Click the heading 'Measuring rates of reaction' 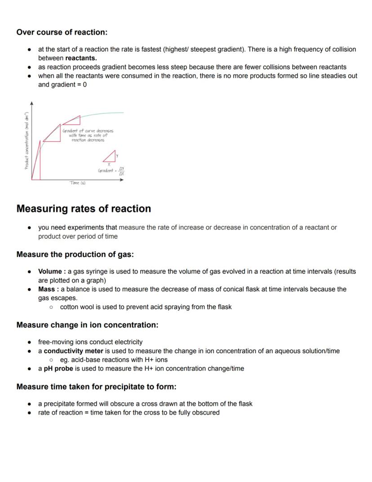pyautogui.click(x=84, y=209)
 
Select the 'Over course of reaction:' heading pyautogui.click(x=62, y=32)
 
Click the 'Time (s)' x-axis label pyautogui.click(x=77, y=183)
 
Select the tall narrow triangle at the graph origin pyautogui.click(x=36, y=162)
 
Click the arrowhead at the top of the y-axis pyautogui.click(x=31, y=103)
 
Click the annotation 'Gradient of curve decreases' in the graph pyautogui.click(x=88, y=131)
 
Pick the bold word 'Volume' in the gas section pyautogui.click(x=49, y=271)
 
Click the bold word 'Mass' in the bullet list pyautogui.click(x=47, y=289)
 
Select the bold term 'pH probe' pyautogui.click(x=58, y=368)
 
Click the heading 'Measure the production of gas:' pyautogui.click(x=75, y=254)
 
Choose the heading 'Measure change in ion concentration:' pyautogui.click(x=87, y=324)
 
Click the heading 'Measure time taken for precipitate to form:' pyautogui.click(x=96, y=387)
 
